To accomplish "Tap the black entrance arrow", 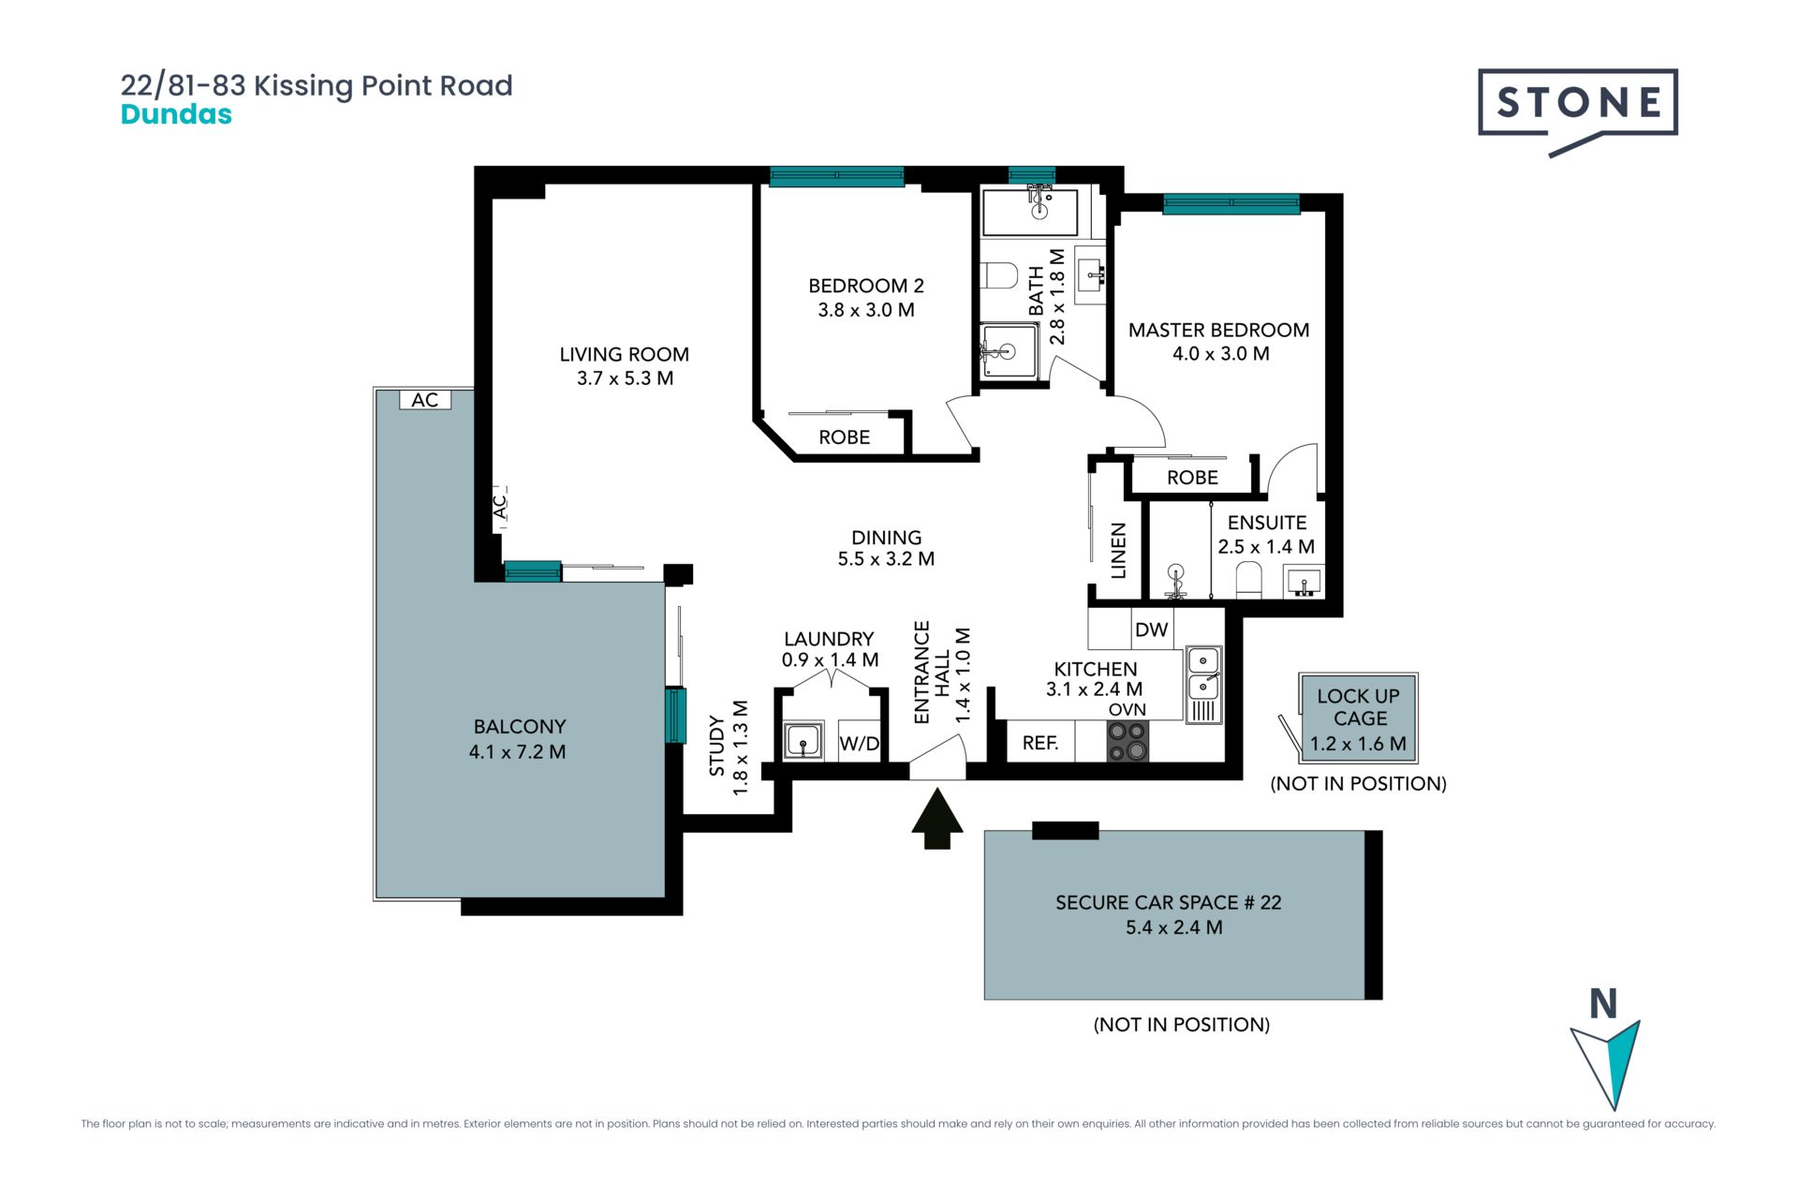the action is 937,820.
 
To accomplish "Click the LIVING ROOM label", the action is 624,355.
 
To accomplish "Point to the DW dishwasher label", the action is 1151,629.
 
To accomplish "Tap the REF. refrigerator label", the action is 1040,743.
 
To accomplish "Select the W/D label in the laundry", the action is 860,744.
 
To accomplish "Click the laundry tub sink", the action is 803,741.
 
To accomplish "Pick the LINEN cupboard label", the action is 1118,551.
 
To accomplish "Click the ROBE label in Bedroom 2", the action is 844,437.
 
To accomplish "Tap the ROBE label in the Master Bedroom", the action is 1192,478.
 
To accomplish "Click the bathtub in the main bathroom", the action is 1029,212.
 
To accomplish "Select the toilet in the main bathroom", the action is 999,276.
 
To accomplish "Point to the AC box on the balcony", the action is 425,400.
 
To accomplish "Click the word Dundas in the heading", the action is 176,114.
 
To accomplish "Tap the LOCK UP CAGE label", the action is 1359,707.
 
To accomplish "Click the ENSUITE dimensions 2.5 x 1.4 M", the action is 1266,546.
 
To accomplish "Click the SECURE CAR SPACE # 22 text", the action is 1169,903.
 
